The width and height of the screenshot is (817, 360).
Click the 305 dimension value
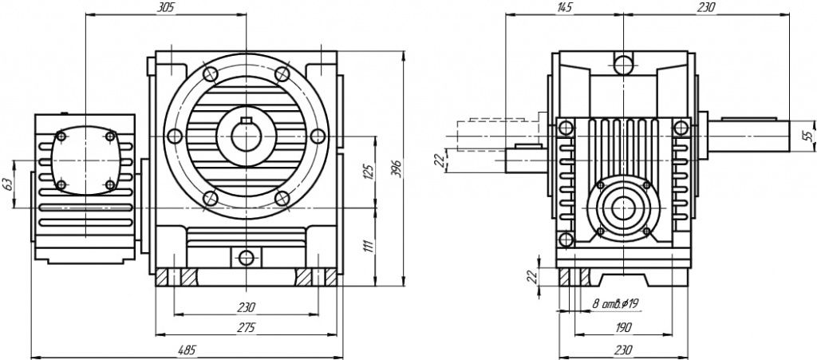pos(165,7)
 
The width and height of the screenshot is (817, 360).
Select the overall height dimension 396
pos(396,168)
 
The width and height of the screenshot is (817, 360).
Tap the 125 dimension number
pos(368,171)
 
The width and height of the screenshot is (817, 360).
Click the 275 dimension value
pos(247,327)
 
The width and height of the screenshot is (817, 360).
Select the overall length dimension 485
pos(187,350)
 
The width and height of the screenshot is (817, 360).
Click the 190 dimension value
pos(623,327)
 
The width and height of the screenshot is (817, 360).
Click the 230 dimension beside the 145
pos(705,7)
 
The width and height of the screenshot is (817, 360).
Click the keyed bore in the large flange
pos(247,132)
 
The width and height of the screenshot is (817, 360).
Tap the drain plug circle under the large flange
pos(247,257)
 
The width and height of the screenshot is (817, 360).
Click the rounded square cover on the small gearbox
pos(84,160)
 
